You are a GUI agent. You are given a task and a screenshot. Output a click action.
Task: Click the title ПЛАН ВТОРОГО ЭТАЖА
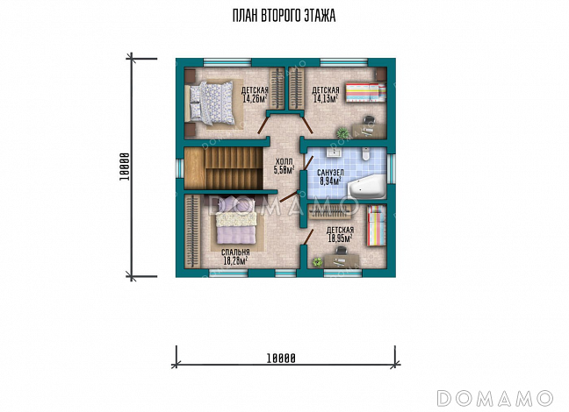284,16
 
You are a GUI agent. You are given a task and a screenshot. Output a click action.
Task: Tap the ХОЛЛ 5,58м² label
284,166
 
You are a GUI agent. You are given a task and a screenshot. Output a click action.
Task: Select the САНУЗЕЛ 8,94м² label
330,177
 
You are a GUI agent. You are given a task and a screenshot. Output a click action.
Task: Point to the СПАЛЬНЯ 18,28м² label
235,257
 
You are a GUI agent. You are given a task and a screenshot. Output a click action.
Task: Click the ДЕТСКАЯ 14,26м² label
255,95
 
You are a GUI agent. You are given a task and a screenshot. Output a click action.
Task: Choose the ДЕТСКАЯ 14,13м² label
326,94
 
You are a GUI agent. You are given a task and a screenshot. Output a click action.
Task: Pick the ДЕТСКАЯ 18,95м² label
340,234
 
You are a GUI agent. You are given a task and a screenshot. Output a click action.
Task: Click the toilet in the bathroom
366,153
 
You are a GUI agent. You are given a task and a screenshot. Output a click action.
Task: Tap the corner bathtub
367,186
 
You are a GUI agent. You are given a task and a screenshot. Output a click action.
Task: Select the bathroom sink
335,152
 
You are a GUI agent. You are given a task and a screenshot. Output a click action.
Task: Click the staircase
223,167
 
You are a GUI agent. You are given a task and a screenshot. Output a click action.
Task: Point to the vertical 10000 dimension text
126,167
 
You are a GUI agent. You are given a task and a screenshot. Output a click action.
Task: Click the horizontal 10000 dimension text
281,359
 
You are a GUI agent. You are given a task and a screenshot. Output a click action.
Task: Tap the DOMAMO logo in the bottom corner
495,398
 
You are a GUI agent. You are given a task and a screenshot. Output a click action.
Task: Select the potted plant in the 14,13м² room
342,132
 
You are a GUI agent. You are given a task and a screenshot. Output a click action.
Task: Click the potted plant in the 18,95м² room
318,262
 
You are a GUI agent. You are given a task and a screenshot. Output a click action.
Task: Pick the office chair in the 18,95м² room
341,251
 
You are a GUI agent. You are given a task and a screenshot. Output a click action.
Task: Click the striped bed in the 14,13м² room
365,93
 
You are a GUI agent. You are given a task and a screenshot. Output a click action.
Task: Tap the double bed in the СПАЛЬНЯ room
236,220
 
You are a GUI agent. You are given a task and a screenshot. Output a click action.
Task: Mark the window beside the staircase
180,168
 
